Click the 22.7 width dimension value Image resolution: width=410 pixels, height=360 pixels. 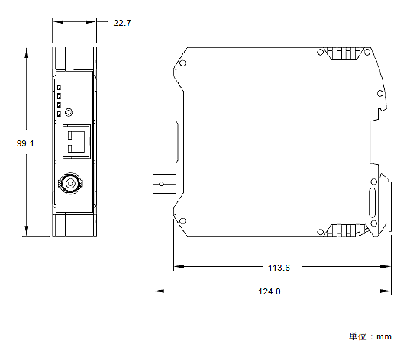[122, 23]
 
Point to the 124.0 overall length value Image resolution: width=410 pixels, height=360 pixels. [269, 291]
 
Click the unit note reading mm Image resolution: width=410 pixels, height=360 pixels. [370, 336]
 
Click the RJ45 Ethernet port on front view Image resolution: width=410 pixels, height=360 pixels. [75, 142]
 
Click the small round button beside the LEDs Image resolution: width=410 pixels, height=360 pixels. [70, 112]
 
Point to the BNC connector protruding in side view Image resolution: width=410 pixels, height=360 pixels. [162, 182]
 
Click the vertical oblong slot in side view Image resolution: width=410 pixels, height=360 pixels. [372, 205]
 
